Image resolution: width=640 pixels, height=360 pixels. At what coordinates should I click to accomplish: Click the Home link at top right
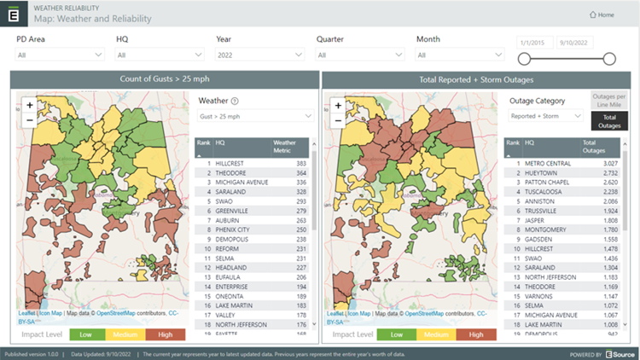point(602,15)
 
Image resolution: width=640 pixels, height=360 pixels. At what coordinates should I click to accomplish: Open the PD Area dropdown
point(59,55)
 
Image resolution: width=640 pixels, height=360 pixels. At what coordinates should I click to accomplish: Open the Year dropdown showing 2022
point(259,55)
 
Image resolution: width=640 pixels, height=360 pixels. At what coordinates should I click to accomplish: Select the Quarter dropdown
point(359,55)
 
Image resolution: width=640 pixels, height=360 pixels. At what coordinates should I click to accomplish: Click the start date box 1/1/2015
point(534,42)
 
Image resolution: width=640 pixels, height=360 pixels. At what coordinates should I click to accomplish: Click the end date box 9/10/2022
point(576,42)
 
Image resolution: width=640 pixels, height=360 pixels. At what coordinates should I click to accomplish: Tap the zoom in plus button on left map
point(30,106)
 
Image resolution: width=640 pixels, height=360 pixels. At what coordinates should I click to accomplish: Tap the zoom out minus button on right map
point(338,120)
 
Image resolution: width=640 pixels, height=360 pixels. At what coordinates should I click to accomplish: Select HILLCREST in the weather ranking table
point(231,162)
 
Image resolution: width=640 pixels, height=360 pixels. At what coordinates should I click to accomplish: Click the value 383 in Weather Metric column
point(300,162)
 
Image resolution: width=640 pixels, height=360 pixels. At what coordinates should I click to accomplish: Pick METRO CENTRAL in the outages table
point(544,162)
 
